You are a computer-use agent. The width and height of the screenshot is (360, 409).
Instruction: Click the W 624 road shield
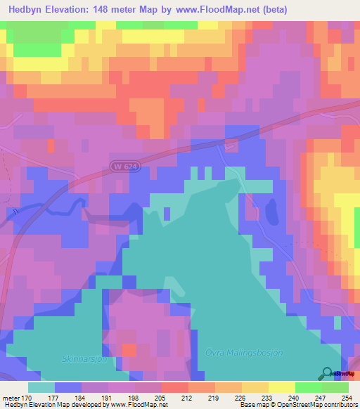(124, 167)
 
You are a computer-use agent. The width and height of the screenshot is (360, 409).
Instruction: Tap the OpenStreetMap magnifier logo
(327, 373)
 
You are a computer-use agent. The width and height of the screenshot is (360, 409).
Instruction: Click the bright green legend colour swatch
(308, 387)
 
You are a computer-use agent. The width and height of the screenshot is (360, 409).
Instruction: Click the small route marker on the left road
(15, 211)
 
